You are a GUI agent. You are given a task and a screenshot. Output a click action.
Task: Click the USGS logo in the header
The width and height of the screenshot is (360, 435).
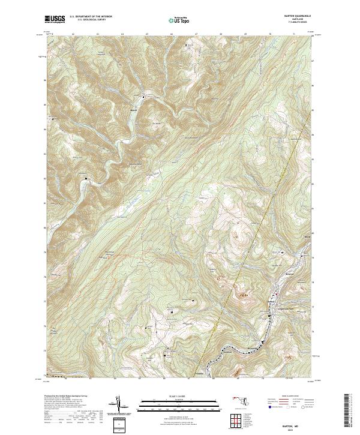55,20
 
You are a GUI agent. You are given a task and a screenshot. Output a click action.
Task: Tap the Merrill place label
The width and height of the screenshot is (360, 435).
142,110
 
